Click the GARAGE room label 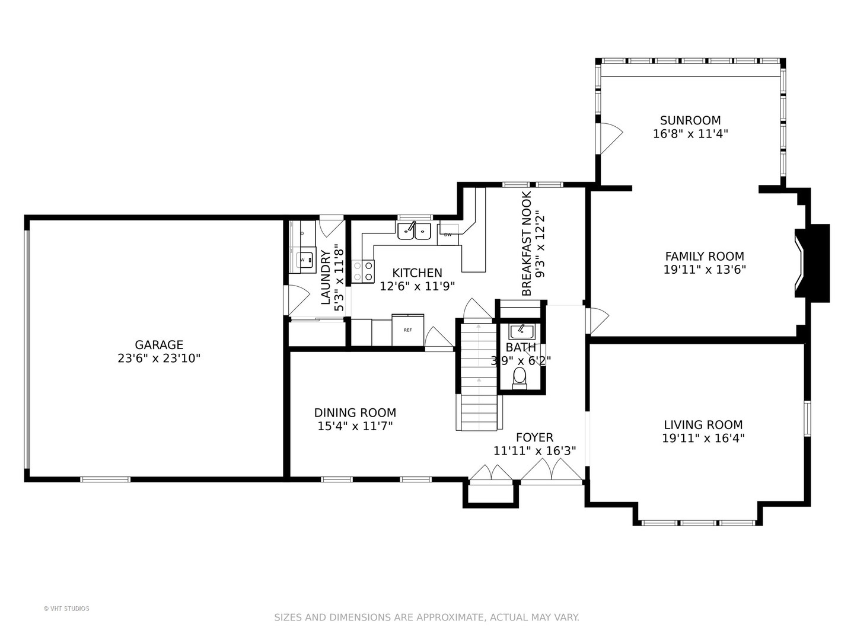tap(159, 344)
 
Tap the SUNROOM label tap(690, 120)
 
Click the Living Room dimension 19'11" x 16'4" tap(703, 439)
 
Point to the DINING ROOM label tap(355, 412)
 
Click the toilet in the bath tap(520, 377)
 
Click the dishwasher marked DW tap(448, 235)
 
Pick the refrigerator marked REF tap(408, 330)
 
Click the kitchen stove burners tap(364, 271)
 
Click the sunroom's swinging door tap(610, 138)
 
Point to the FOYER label tap(534, 437)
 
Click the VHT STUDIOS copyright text tap(66, 609)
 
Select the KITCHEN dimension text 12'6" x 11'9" tap(417, 286)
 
